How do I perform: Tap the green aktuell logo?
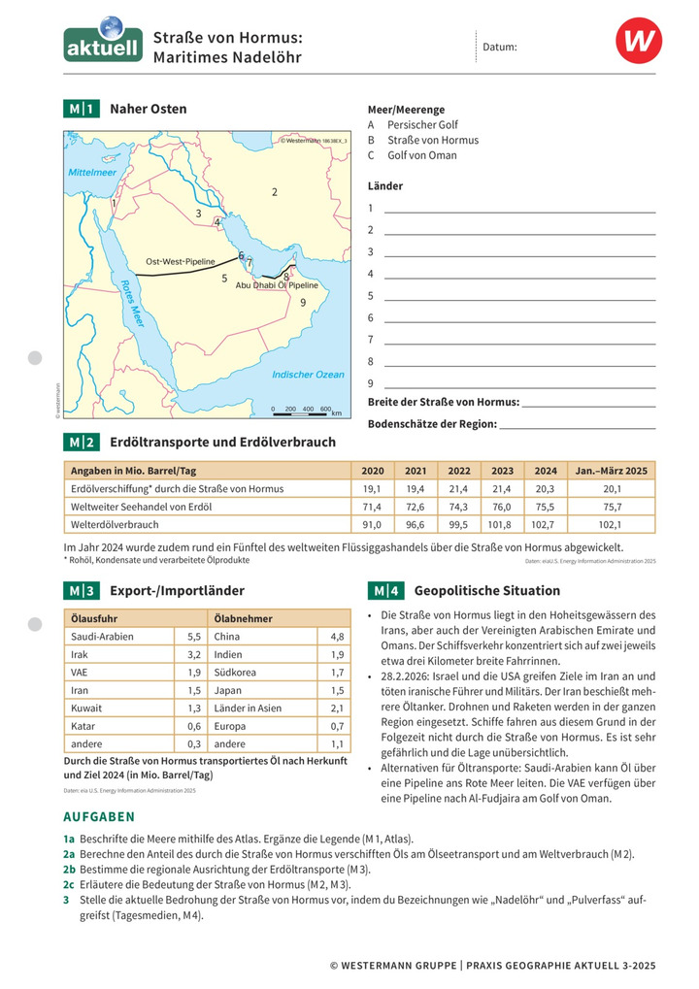[103, 43]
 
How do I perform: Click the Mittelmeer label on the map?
[91, 173]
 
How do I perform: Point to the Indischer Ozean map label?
[308, 374]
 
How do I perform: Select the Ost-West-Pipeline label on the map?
[181, 262]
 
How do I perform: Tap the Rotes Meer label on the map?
[132, 304]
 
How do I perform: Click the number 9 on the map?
[303, 303]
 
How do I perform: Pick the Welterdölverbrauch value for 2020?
[372, 524]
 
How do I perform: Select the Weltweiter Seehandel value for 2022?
[458, 507]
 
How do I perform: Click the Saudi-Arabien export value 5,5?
[192, 637]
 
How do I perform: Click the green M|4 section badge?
[385, 590]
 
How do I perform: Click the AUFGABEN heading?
[99, 817]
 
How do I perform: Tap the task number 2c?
[69, 884]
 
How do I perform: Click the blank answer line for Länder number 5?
[519, 295]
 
